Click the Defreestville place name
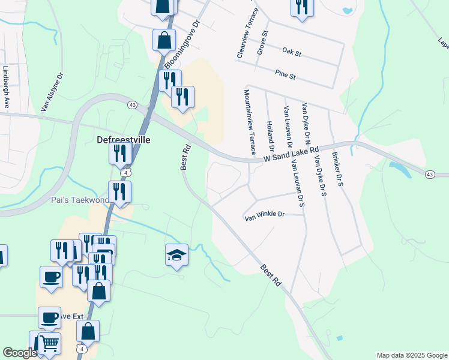coord(124,140)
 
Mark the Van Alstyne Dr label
coord(52,93)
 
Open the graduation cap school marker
coord(177,255)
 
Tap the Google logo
coord(20,353)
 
